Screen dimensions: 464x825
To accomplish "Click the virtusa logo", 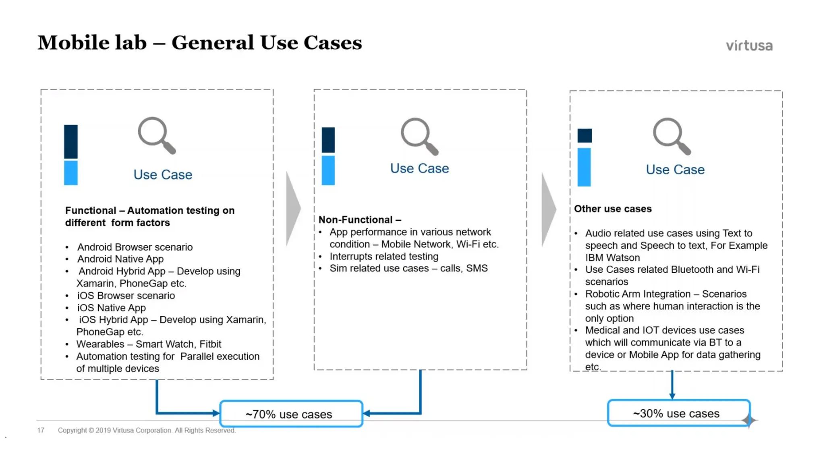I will pyautogui.click(x=749, y=46).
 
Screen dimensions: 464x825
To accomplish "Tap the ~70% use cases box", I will pyautogui.click(x=291, y=414).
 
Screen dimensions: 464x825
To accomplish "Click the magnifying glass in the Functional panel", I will pyautogui.click(x=156, y=135).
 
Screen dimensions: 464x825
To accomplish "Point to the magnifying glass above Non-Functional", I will pyautogui.click(x=419, y=136).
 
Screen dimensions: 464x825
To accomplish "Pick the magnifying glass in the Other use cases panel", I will pyautogui.click(x=671, y=136).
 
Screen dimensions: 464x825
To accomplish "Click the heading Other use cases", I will pyautogui.click(x=612, y=209).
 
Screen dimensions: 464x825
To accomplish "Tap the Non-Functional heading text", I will pyautogui.click(x=359, y=220).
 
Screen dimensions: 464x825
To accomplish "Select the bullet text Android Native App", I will pyautogui.click(x=120, y=259).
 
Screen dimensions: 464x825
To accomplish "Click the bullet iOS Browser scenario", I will pyautogui.click(x=126, y=295).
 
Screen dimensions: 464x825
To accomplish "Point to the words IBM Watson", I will pyautogui.click(x=612, y=257).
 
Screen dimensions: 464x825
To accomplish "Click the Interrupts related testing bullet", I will pyautogui.click(x=383, y=256).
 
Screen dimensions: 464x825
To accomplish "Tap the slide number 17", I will pyautogui.click(x=41, y=430).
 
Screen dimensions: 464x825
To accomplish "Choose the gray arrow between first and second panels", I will pyautogui.click(x=293, y=208).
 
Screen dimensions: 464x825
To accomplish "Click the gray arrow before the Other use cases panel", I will pyautogui.click(x=548, y=209).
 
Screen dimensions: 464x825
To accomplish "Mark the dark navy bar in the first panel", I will pyautogui.click(x=71, y=141).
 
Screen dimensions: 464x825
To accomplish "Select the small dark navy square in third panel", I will pyautogui.click(x=584, y=135).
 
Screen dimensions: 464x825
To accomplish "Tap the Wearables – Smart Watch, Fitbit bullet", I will pyautogui.click(x=148, y=344).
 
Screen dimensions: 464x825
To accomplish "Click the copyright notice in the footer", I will pyautogui.click(x=146, y=430).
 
